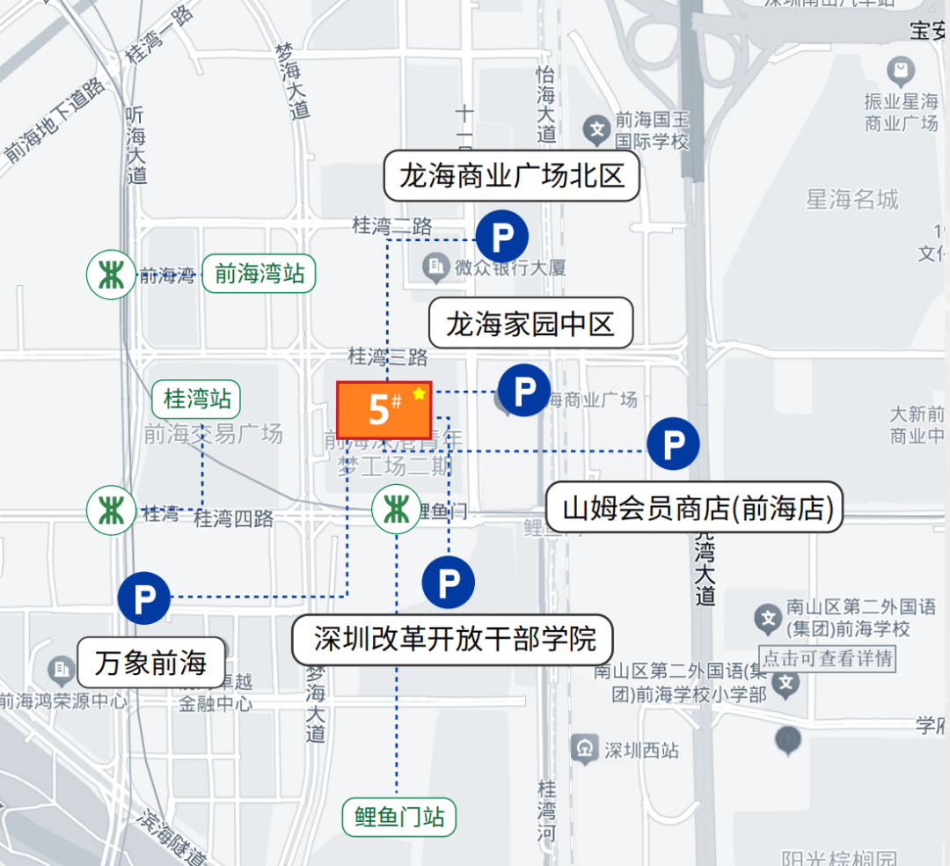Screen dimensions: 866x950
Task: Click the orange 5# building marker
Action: click(x=384, y=410)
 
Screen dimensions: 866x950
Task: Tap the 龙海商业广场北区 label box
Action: click(x=511, y=175)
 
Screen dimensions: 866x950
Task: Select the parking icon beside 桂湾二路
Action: click(x=501, y=237)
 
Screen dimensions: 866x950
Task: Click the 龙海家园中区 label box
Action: click(x=530, y=324)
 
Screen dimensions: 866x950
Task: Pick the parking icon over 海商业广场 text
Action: click(x=523, y=390)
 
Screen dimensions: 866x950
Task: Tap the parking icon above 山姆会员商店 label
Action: click(x=673, y=444)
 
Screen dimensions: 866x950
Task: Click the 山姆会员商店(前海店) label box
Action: click(x=695, y=507)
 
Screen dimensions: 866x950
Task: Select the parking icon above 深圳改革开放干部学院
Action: click(x=448, y=582)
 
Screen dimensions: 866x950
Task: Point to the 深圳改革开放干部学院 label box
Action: click(x=452, y=638)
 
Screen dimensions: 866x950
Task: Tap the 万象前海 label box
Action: click(x=150, y=663)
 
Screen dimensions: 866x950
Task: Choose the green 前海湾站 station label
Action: click(x=259, y=275)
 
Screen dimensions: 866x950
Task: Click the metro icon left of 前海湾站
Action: click(x=111, y=275)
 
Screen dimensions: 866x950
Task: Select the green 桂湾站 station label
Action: click(x=196, y=399)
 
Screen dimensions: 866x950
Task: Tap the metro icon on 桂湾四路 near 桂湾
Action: click(x=111, y=510)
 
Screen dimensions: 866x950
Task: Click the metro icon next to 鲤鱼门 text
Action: click(x=396, y=510)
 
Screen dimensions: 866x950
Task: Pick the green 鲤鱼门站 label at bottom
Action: click(x=399, y=818)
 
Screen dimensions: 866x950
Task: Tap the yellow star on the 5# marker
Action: click(x=420, y=393)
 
